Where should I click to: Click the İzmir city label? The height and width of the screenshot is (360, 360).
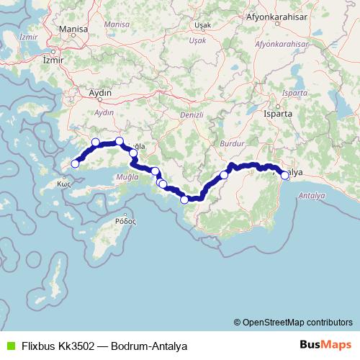pos(54,60)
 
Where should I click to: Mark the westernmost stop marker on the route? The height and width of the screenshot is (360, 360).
pos(75,164)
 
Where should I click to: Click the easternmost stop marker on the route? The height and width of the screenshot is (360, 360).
pos(285,175)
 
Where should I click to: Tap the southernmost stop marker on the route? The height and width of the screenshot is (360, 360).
pos(184,199)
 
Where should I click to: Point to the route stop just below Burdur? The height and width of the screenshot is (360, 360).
pos(224,175)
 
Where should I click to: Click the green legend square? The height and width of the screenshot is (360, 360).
pos(9,346)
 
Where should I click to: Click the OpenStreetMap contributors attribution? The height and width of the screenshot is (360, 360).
pos(292,323)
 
